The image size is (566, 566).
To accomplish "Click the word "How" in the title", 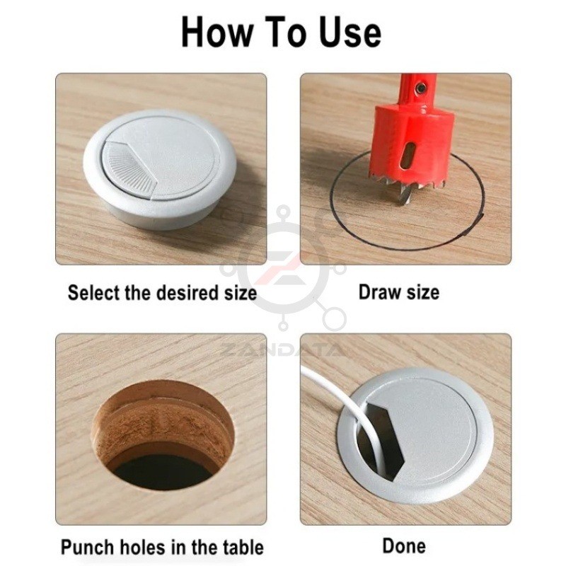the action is (216, 33).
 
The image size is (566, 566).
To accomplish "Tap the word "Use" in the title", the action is (350, 33).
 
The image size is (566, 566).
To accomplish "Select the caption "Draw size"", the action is (399, 292).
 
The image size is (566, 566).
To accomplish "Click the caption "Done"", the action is (404, 545).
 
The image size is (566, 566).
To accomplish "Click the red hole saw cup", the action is (412, 144).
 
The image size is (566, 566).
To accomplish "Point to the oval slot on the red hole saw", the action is (409, 155).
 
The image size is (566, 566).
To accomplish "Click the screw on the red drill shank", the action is (420, 87).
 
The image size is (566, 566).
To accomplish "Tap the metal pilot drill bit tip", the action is (404, 195).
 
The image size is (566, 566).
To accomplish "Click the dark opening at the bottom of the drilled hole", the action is (163, 472).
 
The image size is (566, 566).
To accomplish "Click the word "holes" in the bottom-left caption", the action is (139, 547).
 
